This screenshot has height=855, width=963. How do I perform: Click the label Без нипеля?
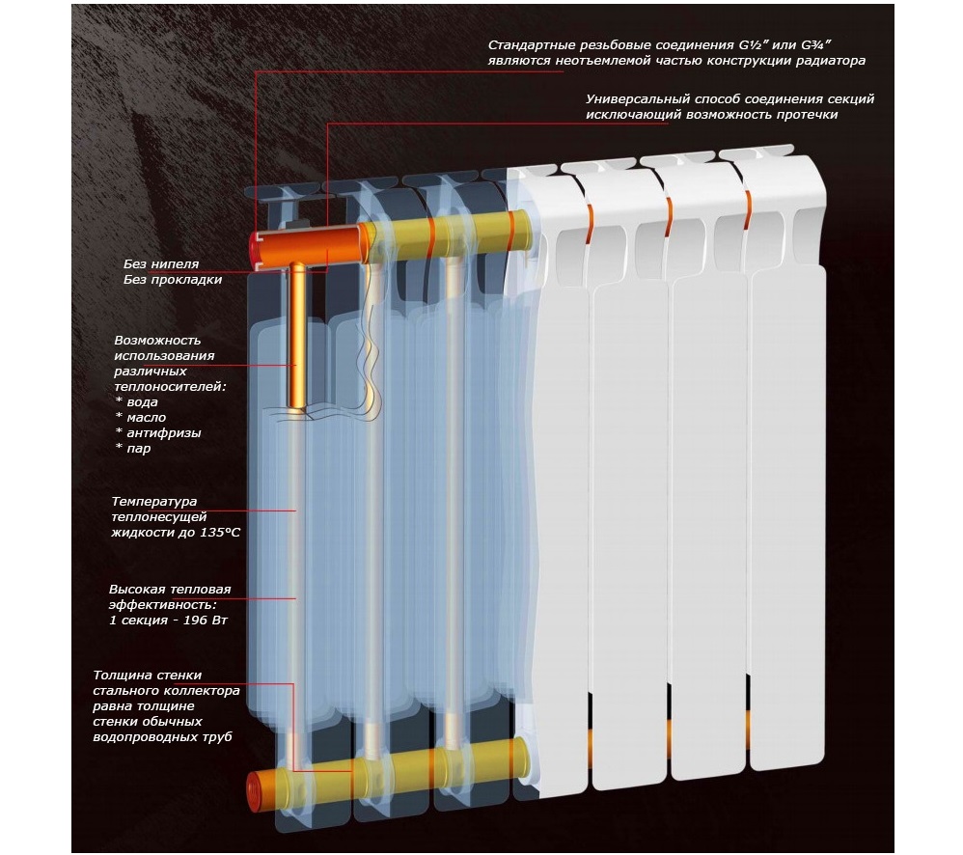tap(161, 264)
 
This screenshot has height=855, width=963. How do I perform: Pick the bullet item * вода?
tap(136, 401)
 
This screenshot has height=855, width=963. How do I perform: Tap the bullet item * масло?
tap(140, 418)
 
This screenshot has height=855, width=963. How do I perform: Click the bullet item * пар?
tap(132, 449)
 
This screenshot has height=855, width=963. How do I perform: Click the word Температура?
tap(154, 502)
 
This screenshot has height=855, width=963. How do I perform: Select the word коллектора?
tap(199, 691)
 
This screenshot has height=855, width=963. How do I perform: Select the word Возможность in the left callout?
tap(157, 341)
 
